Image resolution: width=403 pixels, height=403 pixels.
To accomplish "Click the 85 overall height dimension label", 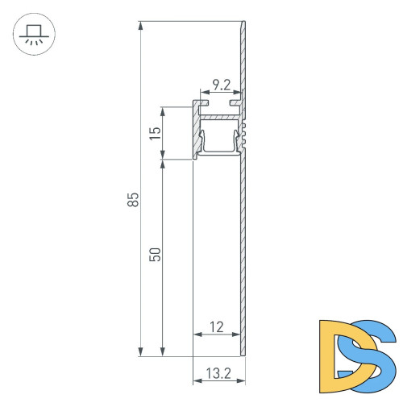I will point(133,199).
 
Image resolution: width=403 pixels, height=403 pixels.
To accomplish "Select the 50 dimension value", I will point(156,254).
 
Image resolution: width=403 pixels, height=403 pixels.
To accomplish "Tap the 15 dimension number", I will point(156,131).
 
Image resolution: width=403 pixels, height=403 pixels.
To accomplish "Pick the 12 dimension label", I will point(216,326).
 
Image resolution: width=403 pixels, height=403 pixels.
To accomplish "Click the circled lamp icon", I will point(32,37).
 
